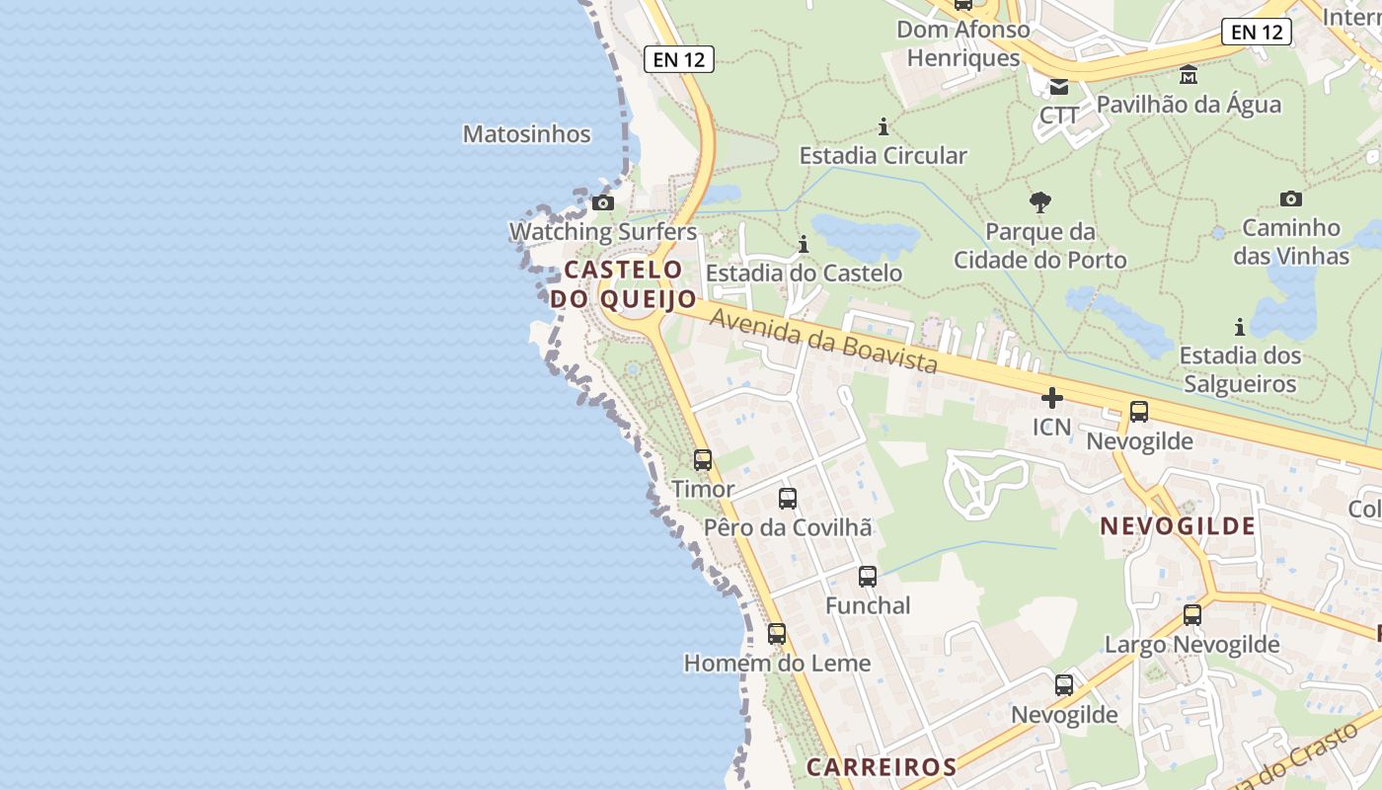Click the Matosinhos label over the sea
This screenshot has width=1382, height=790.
(527, 134)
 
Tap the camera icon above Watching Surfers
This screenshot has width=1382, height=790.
(602, 203)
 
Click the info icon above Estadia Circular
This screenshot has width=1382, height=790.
(883, 126)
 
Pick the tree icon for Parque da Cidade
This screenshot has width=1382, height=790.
(1039, 203)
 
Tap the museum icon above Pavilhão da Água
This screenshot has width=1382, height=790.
(1189, 75)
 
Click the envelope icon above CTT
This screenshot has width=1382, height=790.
(1059, 87)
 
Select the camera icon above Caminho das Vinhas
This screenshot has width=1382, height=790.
(1290, 198)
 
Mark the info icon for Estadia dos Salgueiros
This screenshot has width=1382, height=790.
(1240, 327)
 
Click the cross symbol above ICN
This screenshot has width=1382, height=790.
(1052, 398)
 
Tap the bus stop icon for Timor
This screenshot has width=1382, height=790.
(703, 460)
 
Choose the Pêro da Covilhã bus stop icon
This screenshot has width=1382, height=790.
(788, 499)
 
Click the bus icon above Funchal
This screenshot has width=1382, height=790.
(868, 577)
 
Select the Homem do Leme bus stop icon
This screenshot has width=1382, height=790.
(777, 634)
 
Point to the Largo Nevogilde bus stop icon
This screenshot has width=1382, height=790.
(1192, 615)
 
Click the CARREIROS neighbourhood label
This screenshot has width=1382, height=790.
(882, 766)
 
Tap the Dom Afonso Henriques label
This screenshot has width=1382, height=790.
(962, 43)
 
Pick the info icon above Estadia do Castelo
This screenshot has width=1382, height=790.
(804, 244)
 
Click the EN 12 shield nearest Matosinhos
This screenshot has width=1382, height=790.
(679, 59)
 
